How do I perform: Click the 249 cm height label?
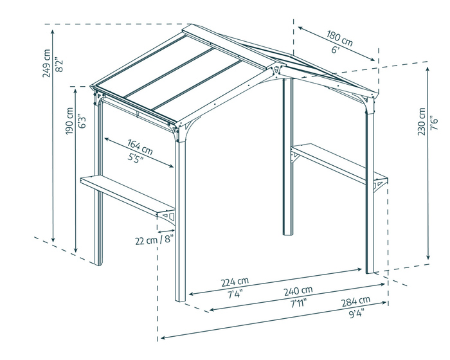point(46,63)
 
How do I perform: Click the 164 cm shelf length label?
point(139,147)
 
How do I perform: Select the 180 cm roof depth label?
point(339,38)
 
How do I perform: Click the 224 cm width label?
point(235,282)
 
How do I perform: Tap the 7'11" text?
point(298,302)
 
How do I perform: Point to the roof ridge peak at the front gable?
point(275,67)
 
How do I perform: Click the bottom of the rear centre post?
point(288,232)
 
